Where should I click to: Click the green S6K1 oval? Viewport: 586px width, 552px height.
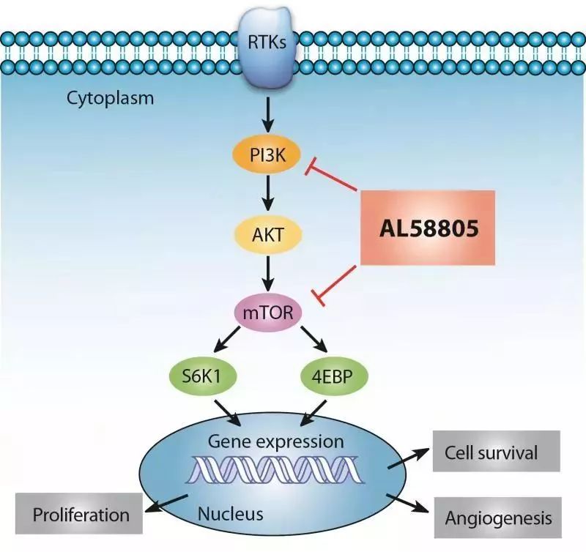(201, 376)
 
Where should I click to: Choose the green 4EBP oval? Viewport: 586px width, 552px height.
(334, 376)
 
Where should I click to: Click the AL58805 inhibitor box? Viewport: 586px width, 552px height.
(429, 228)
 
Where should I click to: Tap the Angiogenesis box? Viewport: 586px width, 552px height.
(498, 518)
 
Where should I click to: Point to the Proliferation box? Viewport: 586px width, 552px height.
(81, 514)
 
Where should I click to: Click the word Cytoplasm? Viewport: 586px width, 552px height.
(111, 98)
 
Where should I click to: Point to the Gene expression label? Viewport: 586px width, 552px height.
(275, 441)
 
